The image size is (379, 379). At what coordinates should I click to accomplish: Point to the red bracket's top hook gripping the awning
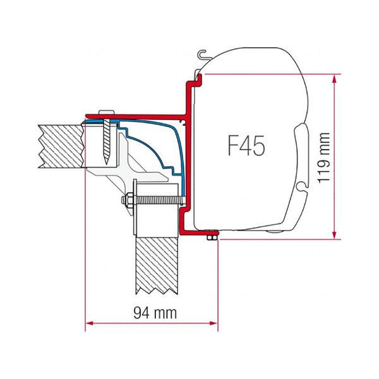click(x=196, y=78)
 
